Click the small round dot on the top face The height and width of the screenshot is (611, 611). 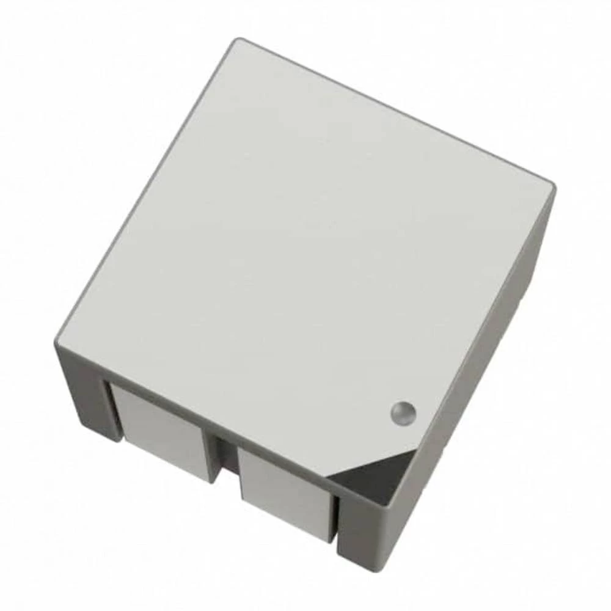403,412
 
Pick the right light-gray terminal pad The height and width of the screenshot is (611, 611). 285,489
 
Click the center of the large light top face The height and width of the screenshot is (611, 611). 299,244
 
